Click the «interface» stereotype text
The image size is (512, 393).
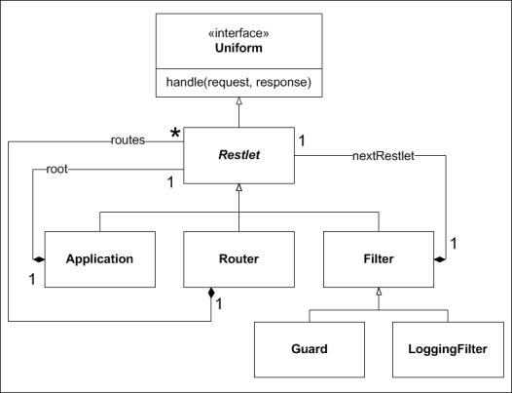238,33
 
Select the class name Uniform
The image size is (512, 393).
238,48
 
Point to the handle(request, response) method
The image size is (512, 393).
238,82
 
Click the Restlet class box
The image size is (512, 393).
238,155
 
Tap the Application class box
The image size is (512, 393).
100,259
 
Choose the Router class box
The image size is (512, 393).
238,259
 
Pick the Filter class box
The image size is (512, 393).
379,259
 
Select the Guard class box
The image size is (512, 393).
310,349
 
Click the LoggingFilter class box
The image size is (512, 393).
448,349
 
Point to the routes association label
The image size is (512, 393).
128,140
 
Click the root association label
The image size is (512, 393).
56,169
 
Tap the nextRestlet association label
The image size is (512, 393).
384,156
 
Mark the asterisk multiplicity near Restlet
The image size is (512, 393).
175,134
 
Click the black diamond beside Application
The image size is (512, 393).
39,259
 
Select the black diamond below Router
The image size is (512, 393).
211,294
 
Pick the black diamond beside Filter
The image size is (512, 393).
440,259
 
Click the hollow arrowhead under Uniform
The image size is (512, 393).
238,100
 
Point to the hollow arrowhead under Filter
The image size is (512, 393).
379,292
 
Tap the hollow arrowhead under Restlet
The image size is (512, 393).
238,187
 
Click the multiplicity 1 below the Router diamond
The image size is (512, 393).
219,304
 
